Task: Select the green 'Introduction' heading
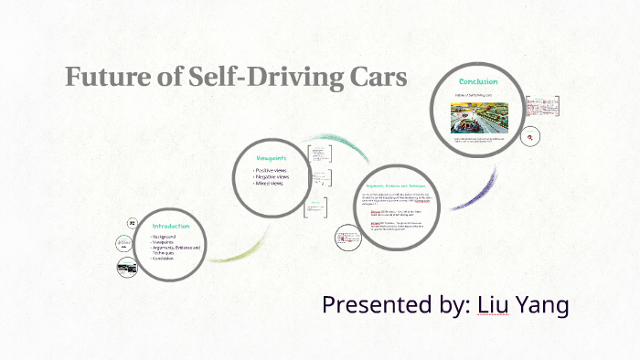pos(170,226)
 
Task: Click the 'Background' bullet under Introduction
pos(169,237)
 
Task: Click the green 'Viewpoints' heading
pos(272,159)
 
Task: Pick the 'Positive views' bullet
pos(275,171)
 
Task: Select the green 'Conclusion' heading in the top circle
pos(477,81)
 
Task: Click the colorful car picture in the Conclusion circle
pos(475,117)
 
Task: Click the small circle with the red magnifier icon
pos(530,137)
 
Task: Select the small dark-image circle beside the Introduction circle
pos(126,266)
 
